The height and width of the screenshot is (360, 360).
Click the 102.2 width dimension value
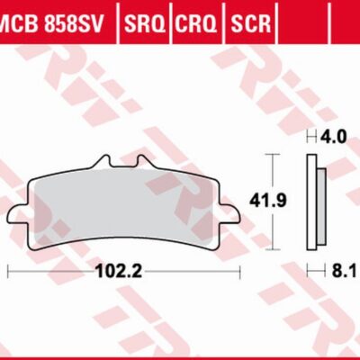click(x=122, y=268)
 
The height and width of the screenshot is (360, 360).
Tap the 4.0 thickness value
click(x=335, y=138)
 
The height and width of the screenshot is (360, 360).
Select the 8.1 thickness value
click(x=337, y=268)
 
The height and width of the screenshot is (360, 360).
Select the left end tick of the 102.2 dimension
click(x=7, y=269)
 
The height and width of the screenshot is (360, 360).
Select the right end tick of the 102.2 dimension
click(x=239, y=269)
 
